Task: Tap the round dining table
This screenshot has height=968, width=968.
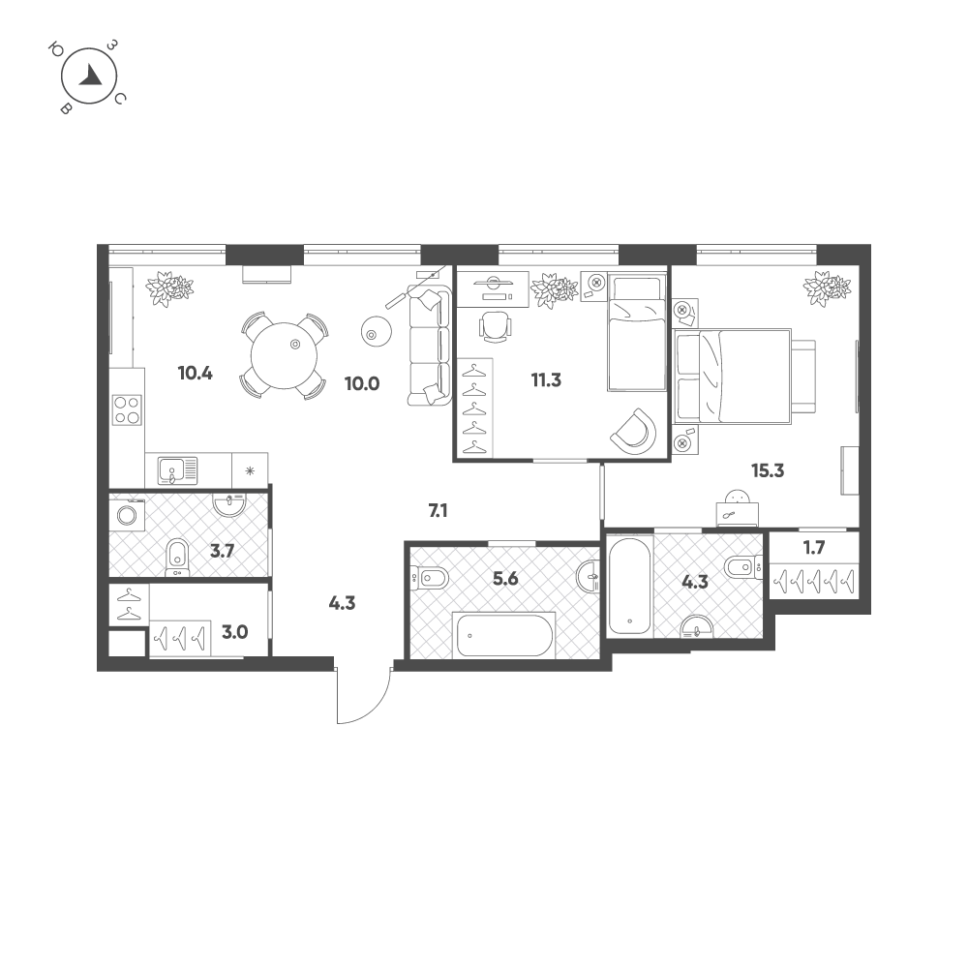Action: (284, 355)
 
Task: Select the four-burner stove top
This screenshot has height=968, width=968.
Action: (127, 409)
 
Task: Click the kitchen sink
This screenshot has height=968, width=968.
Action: (177, 470)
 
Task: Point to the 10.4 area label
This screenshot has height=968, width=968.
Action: (196, 373)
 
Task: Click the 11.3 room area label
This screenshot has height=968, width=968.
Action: (546, 380)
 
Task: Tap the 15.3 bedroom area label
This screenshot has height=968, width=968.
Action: (768, 471)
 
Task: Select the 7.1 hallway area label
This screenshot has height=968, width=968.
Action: (438, 510)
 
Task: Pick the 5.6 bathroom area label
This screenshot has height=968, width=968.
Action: (505, 579)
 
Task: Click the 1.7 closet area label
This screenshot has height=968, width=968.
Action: (814, 548)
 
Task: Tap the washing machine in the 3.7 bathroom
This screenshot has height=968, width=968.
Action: (127, 515)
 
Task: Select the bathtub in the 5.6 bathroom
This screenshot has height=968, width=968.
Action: (504, 635)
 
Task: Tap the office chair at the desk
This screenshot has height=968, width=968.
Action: (496, 326)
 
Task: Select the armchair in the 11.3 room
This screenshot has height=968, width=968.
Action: (633, 431)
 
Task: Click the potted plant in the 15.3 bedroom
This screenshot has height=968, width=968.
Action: (828, 288)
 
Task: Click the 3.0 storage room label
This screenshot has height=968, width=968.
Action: (234, 632)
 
